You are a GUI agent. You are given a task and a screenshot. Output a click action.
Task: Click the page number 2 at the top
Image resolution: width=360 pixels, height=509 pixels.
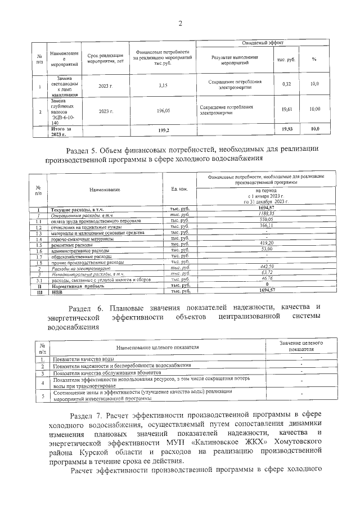[181, 23]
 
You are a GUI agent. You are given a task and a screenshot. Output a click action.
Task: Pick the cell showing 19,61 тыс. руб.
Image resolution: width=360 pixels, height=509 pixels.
[286, 110]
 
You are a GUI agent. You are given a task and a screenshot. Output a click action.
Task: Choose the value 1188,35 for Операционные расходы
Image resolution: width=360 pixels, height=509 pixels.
[264, 214]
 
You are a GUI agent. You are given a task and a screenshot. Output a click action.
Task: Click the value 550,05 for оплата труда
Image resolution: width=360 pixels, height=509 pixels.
[265, 220]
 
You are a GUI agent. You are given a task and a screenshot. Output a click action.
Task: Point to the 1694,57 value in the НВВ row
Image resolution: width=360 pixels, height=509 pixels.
[265, 291]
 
